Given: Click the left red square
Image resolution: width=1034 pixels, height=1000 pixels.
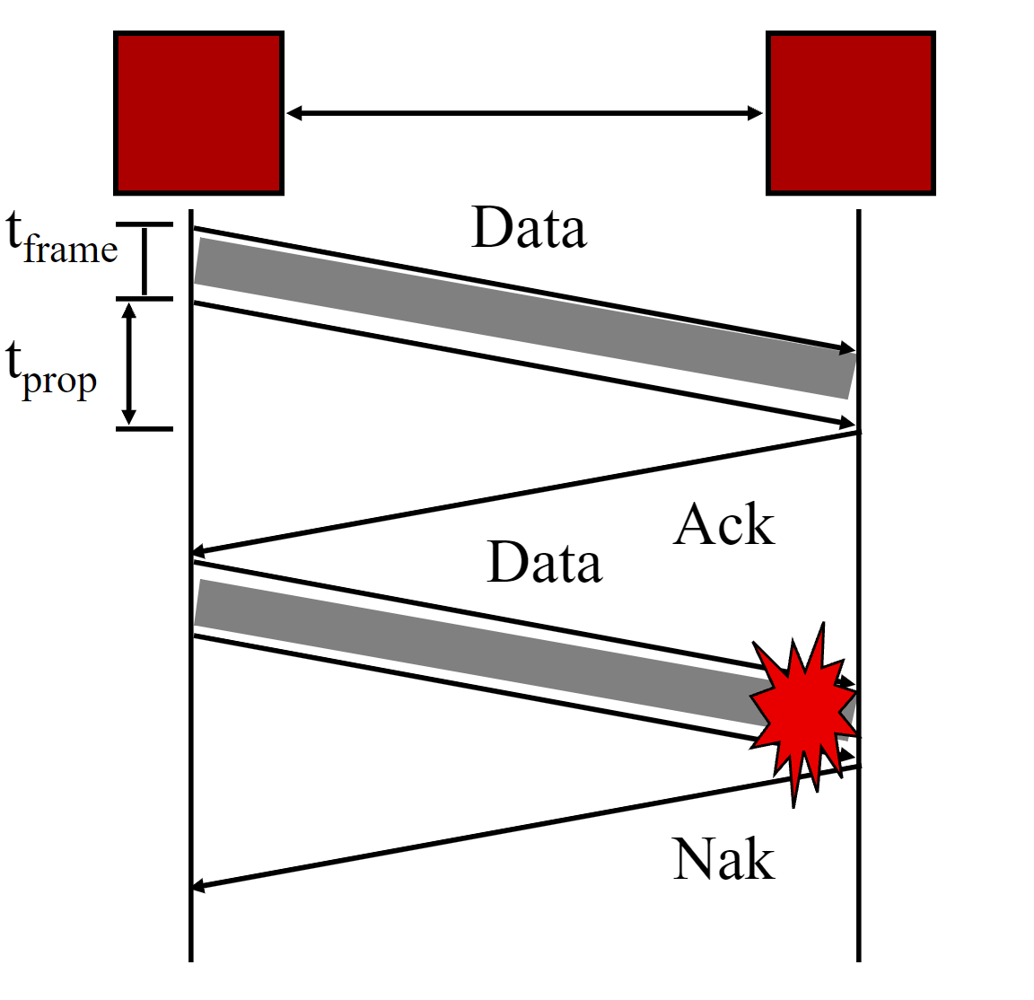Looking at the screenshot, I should click(198, 113).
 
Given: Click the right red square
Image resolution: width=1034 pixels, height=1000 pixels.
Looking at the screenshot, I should click(850, 113).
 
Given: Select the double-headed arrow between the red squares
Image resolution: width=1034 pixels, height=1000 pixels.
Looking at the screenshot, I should click(524, 113).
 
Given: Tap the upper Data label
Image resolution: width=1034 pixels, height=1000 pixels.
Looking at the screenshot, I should click(529, 229).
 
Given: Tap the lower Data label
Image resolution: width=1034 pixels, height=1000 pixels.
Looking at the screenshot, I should click(544, 564).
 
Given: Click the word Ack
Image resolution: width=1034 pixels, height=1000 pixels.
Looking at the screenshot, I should click(723, 525).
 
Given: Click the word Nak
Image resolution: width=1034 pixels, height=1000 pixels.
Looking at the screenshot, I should click(723, 860).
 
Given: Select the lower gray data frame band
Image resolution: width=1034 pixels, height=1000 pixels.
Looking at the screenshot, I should click(476, 652).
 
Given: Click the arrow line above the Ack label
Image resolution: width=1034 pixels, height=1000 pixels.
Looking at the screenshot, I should click(524, 492).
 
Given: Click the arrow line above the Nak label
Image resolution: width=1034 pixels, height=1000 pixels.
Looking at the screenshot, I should click(524, 827).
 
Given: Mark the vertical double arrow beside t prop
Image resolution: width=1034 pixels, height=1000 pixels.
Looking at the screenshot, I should click(129, 364).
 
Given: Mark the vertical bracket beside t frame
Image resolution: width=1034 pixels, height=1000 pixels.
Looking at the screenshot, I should click(145, 261).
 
